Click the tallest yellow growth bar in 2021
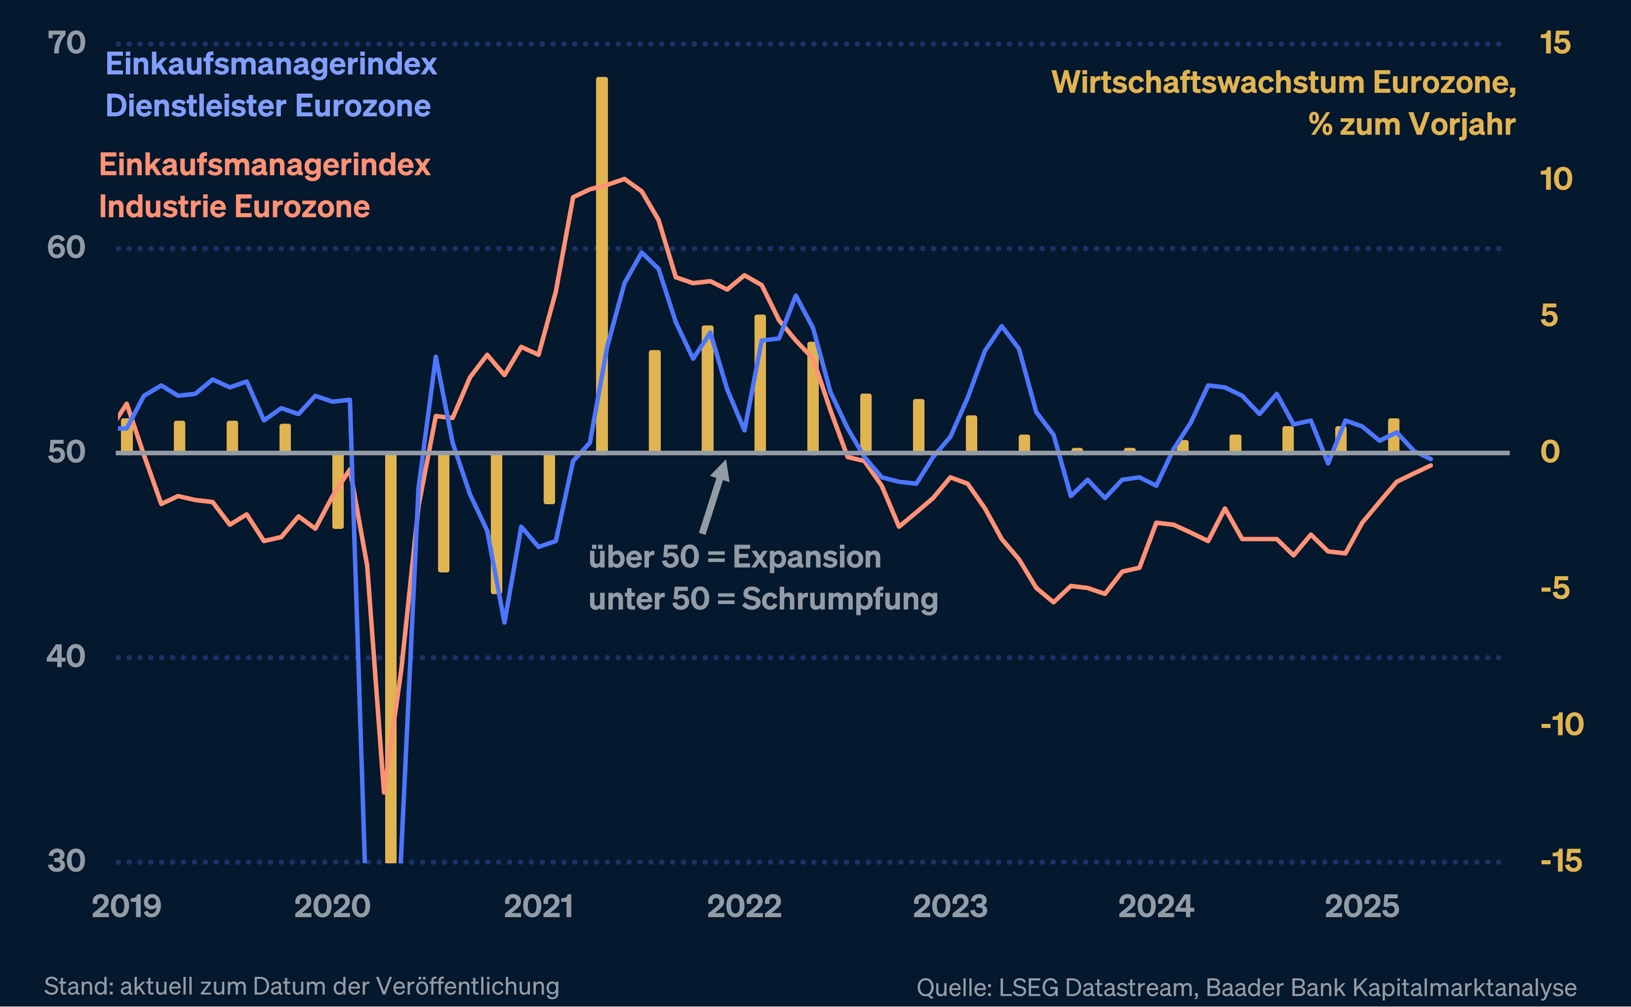tap(602, 266)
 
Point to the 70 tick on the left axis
tap(67, 43)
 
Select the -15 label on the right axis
tap(1561, 861)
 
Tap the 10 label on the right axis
tap(1556, 180)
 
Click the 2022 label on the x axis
tap(744, 906)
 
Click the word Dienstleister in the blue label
tap(196, 106)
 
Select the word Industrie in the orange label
tap(160, 206)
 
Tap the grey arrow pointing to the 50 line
tap(715, 496)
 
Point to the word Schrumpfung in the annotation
tap(839, 599)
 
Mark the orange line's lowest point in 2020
tap(384, 792)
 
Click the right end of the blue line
tap(1431, 458)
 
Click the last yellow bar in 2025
tap(1393, 436)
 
